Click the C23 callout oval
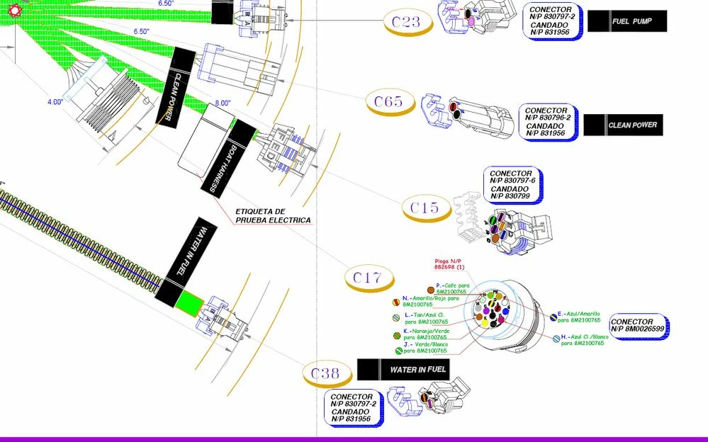point(405,22)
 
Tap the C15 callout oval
point(425,208)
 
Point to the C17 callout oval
point(368,278)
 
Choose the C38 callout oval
point(325,373)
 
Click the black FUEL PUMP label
point(629,22)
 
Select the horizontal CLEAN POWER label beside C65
point(624,125)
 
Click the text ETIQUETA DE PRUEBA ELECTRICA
point(273,216)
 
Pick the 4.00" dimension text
point(55,102)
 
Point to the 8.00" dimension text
point(223,103)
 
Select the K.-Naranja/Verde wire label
point(425,334)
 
